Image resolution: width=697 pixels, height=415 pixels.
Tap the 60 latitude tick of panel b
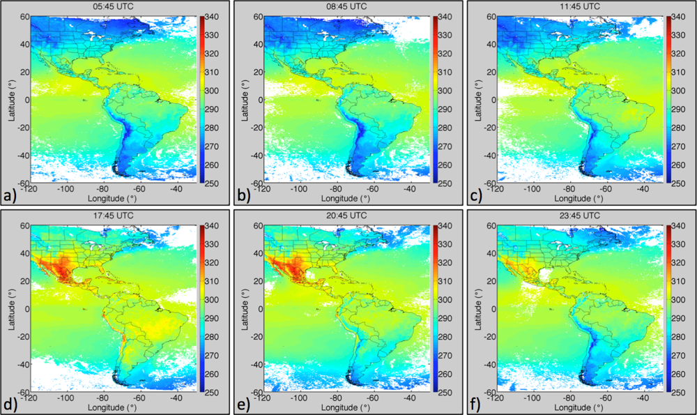(x=252, y=15)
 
